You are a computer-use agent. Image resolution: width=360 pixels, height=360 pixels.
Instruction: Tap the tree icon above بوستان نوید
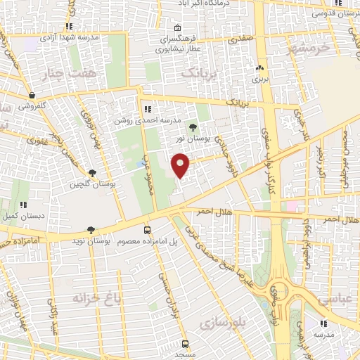click(91, 230)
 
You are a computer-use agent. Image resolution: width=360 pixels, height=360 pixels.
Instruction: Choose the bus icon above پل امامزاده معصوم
click(147, 230)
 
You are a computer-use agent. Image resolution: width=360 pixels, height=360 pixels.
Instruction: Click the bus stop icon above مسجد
click(185, 344)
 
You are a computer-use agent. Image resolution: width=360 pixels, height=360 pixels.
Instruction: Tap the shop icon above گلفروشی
click(32, 95)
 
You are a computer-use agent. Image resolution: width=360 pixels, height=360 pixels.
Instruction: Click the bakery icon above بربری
click(262, 69)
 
